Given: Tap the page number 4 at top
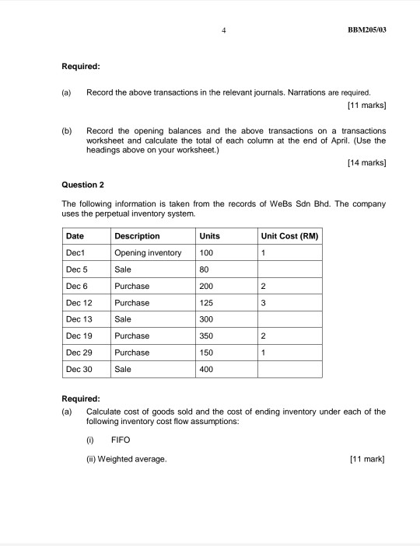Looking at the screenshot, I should coord(223,30).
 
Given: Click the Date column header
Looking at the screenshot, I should coord(75,236).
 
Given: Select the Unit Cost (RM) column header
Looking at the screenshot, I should coord(290,236).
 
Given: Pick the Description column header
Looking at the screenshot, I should coord(137,236).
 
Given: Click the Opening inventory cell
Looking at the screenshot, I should coord(148,253).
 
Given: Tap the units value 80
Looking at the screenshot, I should coord(205,270).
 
